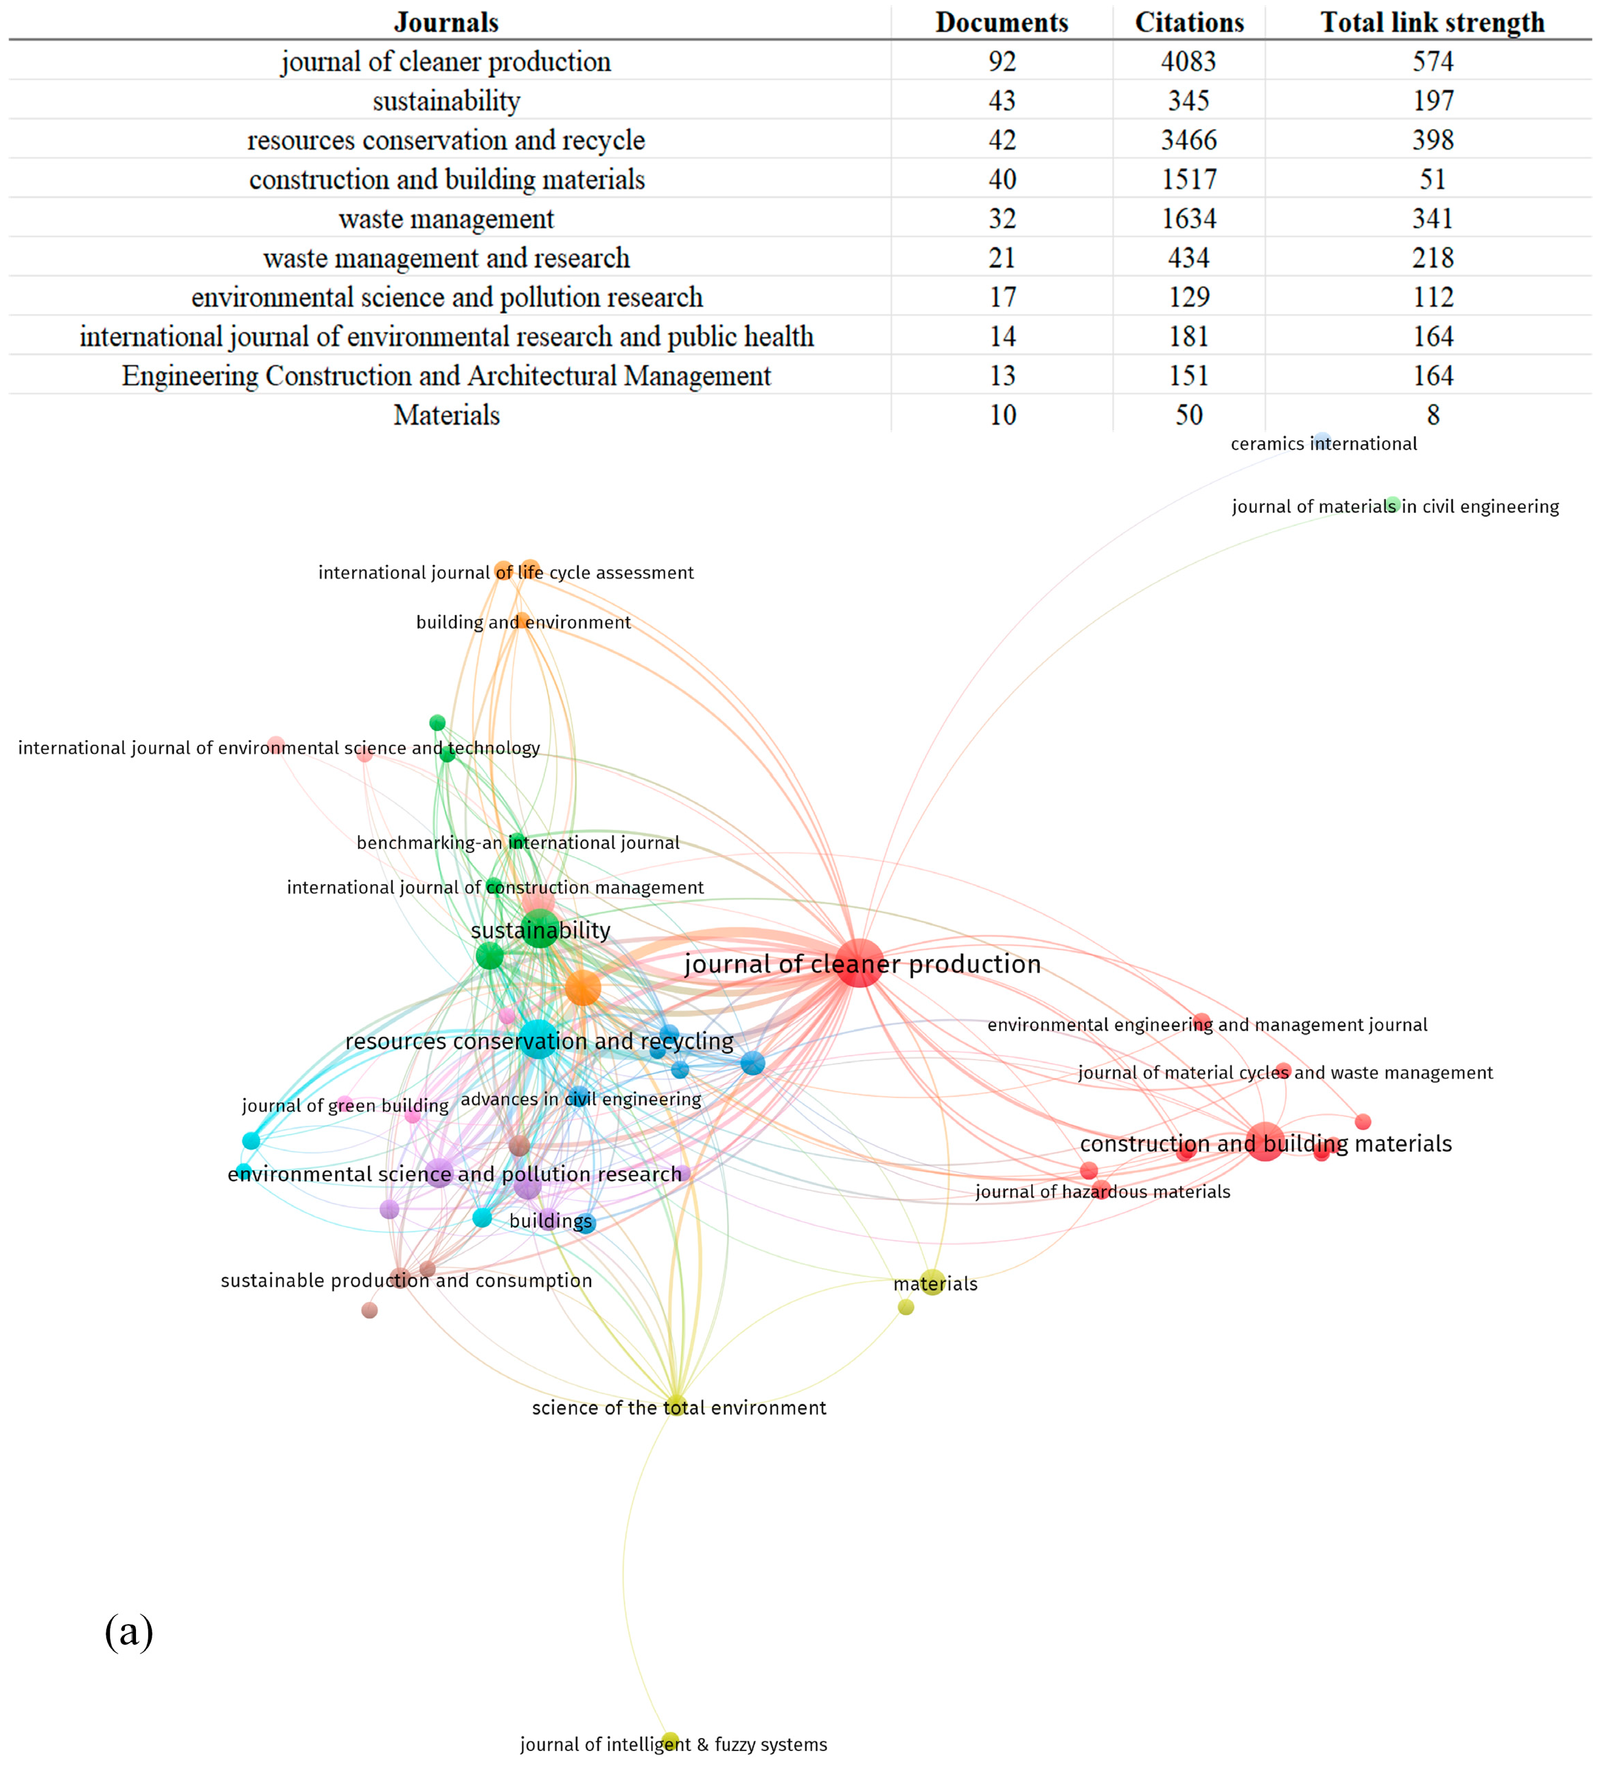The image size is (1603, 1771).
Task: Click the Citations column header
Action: (x=1188, y=22)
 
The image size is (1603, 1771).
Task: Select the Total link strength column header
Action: (x=1432, y=22)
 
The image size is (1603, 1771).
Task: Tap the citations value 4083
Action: (x=1188, y=62)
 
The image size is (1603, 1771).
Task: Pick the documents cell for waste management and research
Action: (x=1002, y=258)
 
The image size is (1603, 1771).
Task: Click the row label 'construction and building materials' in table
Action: (x=446, y=179)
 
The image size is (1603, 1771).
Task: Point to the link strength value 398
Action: (x=1433, y=139)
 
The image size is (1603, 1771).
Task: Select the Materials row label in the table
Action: (x=446, y=415)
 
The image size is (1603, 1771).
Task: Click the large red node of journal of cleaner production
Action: (x=859, y=963)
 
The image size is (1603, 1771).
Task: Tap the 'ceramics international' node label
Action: (x=1323, y=444)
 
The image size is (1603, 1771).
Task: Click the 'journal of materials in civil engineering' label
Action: (x=1395, y=507)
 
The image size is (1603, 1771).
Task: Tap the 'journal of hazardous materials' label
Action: (x=1103, y=1192)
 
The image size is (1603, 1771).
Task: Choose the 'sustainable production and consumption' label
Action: (x=406, y=1281)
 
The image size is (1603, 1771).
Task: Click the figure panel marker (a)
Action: (x=128, y=1632)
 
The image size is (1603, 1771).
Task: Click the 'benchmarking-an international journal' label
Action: (x=518, y=843)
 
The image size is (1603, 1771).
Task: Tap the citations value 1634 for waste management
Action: (x=1188, y=219)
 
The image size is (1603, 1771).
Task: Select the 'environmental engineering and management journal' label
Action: (x=1207, y=1025)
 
